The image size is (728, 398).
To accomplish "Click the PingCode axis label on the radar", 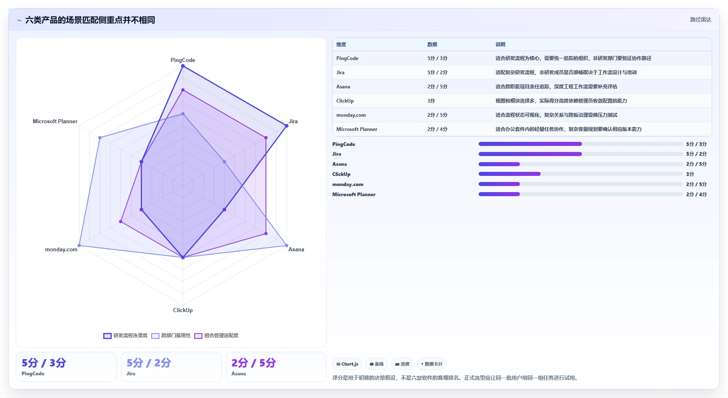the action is pyautogui.click(x=183, y=60).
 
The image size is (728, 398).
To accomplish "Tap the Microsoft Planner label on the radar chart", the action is pyautogui.click(x=55, y=121).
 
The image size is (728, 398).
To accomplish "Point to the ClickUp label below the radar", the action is pyautogui.click(x=183, y=310).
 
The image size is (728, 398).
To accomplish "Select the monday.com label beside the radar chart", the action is pyautogui.click(x=61, y=249).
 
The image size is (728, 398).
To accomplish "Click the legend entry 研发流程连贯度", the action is pyautogui.click(x=126, y=336).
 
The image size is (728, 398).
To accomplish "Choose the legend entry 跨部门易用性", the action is pyautogui.click(x=171, y=336).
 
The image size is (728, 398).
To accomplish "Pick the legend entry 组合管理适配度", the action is pyautogui.click(x=217, y=336).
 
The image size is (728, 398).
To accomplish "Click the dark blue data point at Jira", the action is pyautogui.click(x=287, y=126).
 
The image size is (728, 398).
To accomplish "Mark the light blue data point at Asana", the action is pyautogui.click(x=287, y=246).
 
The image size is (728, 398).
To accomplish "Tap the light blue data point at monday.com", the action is pyautogui.click(x=79, y=246).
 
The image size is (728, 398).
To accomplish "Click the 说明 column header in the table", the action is pyautogui.click(x=500, y=45).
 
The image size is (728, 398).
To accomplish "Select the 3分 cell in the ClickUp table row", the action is pyautogui.click(x=431, y=101).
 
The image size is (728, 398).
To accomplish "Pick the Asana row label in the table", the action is pyautogui.click(x=343, y=87).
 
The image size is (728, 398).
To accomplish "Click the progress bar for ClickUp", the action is pyautogui.click(x=581, y=174).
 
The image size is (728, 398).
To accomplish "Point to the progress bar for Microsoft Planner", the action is pyautogui.click(x=581, y=194).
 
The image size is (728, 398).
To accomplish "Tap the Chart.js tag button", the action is pyautogui.click(x=347, y=364).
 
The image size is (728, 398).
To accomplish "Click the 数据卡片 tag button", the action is pyautogui.click(x=432, y=364).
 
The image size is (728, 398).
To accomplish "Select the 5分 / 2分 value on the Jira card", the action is pyautogui.click(x=149, y=363).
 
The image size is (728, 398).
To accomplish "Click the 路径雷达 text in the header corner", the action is pyautogui.click(x=701, y=19).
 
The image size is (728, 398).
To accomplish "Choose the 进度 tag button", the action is pyautogui.click(x=402, y=364).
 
